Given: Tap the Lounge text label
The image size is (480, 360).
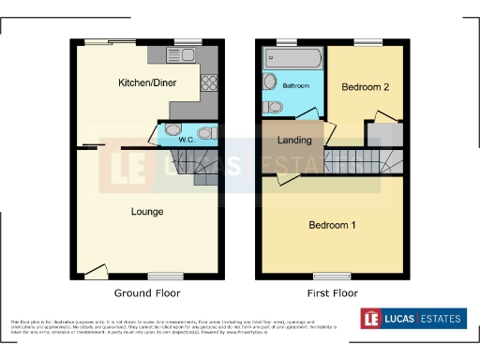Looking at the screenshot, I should [146, 212].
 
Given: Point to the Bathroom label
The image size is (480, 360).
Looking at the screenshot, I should [296, 86].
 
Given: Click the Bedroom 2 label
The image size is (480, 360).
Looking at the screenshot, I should [365, 87].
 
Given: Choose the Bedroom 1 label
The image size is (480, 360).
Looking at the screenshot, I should [333, 225].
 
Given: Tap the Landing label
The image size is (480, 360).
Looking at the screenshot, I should [295, 141].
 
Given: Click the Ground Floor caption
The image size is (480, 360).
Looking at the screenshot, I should [148, 292].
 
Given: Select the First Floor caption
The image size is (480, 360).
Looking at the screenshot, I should [333, 292].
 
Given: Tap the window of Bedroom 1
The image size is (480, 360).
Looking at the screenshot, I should [333, 276].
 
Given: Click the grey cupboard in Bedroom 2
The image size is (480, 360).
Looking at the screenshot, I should [390, 133].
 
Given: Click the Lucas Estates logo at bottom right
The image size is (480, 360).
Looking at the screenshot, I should [412, 319].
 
